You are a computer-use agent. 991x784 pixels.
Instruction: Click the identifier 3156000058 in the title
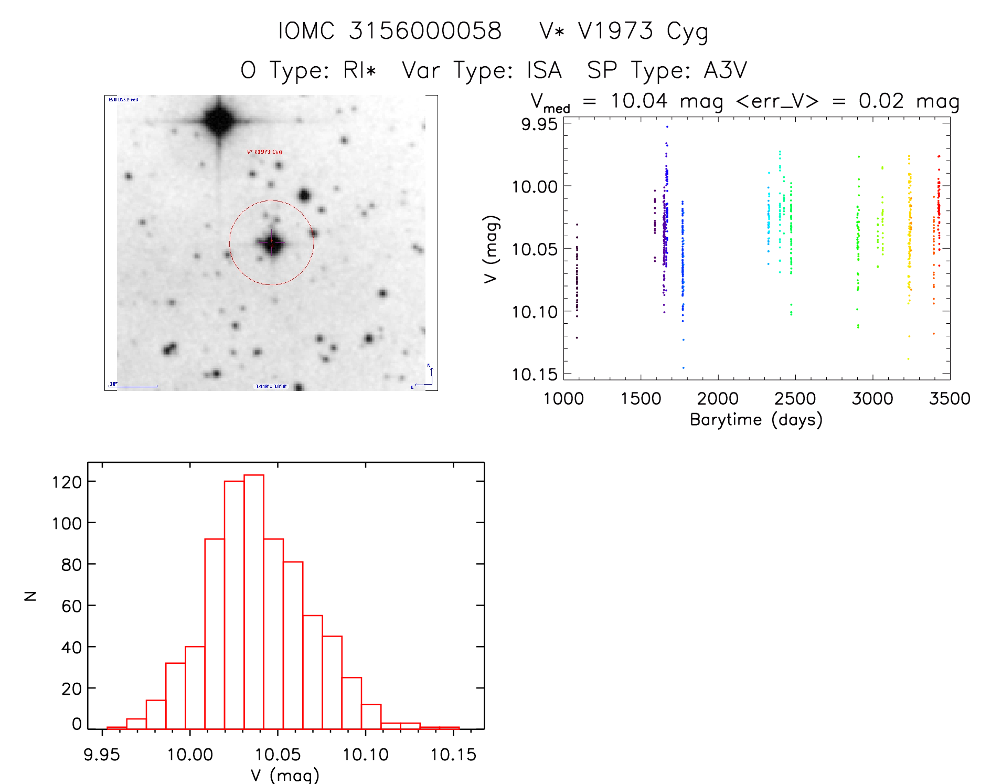[x=425, y=31]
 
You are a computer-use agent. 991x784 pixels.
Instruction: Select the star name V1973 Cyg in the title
[x=643, y=31]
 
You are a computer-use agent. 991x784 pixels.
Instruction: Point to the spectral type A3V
[x=725, y=70]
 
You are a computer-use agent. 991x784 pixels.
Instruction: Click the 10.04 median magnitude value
[x=639, y=101]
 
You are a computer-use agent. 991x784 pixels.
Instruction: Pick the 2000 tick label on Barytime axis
[x=717, y=399]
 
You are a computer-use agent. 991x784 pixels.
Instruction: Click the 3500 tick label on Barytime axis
[x=950, y=399]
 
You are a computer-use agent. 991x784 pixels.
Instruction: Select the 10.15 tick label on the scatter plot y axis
[x=534, y=375]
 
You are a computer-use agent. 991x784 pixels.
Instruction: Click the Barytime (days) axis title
[x=756, y=420]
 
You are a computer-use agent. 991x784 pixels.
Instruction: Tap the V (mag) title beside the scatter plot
[x=491, y=249]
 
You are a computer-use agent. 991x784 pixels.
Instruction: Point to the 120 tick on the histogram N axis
[x=67, y=482]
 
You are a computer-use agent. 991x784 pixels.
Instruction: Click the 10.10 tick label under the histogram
[x=366, y=755]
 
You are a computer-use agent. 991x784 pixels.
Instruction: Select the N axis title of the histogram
[x=30, y=596]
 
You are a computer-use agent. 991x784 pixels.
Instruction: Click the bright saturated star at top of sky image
[x=219, y=120]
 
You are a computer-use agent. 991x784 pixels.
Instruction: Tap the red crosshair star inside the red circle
[x=272, y=243]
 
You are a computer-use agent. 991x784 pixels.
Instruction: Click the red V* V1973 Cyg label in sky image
[x=264, y=152]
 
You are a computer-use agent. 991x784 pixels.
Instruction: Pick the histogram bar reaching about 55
[x=313, y=672]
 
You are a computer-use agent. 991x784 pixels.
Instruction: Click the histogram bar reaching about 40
[x=195, y=687]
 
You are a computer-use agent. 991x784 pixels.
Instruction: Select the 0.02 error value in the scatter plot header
[x=881, y=101]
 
